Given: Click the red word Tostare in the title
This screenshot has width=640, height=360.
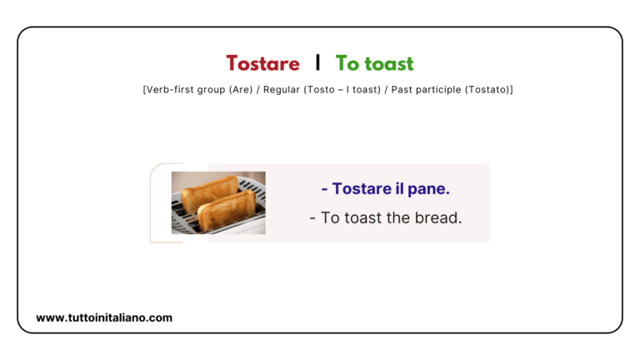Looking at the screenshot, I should point(262,63).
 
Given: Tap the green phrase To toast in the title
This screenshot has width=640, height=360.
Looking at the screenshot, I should point(374,63).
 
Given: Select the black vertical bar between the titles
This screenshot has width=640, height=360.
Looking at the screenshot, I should point(317,62).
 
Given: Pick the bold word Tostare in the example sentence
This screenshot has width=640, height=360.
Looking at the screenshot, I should point(361,189).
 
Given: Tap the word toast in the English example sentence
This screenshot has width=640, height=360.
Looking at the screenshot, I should point(366,217).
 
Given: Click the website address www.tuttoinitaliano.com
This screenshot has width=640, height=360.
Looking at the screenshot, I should point(104,317).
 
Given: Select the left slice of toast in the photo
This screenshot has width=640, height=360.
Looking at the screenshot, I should point(205,192).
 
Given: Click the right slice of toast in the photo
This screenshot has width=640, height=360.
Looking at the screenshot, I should point(228,209).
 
